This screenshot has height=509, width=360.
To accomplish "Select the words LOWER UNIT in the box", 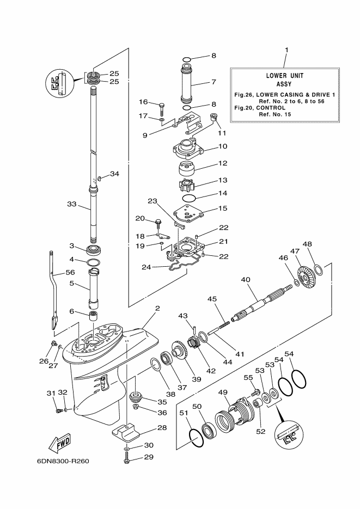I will click(x=284, y=76).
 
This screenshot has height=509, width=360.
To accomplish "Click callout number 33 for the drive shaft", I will click(x=72, y=205).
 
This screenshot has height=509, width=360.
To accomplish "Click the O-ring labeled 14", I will click(x=188, y=198).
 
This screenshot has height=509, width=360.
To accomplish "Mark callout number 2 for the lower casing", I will click(x=157, y=309).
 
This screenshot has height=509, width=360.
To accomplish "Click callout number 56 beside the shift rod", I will click(x=70, y=273).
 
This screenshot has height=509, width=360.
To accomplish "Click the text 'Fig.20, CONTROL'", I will click(x=260, y=108).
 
